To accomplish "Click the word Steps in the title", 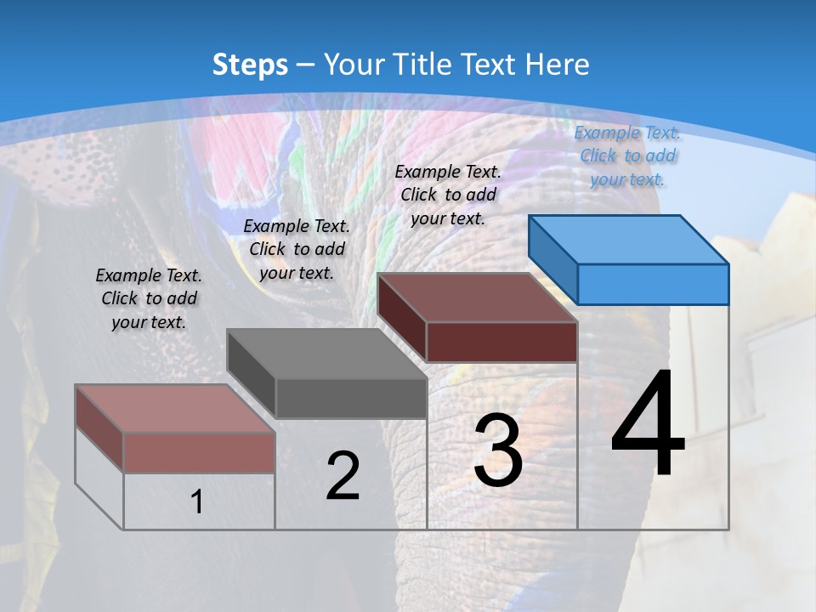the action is (250, 65).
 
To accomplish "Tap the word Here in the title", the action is (557, 65).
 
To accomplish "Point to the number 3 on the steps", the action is (497, 450).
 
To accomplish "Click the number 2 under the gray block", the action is (343, 476).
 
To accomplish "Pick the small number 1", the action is (197, 502).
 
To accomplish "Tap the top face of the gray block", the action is (327, 353).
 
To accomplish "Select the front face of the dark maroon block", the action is (501, 343).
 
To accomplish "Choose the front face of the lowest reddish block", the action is (199, 452).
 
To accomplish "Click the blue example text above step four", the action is (627, 156).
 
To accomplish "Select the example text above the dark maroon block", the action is (448, 195).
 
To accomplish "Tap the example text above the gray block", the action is (297, 249).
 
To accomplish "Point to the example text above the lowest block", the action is (149, 298).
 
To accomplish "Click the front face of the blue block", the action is (653, 284).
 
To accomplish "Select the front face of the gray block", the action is (351, 398).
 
